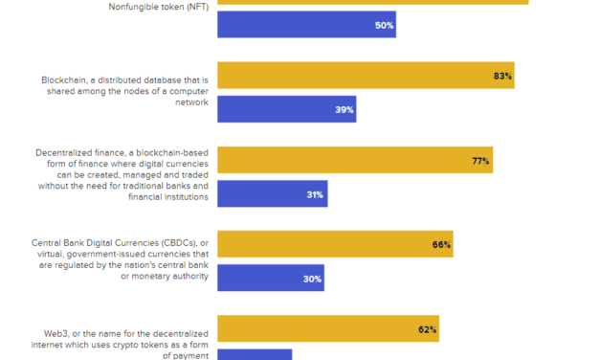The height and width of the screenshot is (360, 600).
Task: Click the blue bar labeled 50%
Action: [306, 25]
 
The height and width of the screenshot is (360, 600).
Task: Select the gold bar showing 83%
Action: [366, 76]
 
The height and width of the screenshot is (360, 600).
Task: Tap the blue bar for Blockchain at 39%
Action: [286, 109]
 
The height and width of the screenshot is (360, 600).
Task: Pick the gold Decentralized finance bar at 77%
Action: [355, 160]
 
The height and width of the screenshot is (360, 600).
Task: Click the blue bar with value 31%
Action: [272, 194]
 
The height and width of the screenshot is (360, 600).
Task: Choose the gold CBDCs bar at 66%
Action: [335, 244]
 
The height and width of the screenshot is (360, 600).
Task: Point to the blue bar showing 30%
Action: [271, 279]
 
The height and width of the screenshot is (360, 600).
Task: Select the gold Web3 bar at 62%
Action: [328, 328]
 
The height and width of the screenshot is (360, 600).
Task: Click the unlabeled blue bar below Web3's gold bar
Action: [255, 354]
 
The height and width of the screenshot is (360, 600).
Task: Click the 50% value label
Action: [384, 26]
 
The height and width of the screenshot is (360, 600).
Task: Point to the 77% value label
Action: [480, 161]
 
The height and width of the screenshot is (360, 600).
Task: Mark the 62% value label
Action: [427, 329]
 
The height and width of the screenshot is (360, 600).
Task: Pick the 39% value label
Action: [344, 110]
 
